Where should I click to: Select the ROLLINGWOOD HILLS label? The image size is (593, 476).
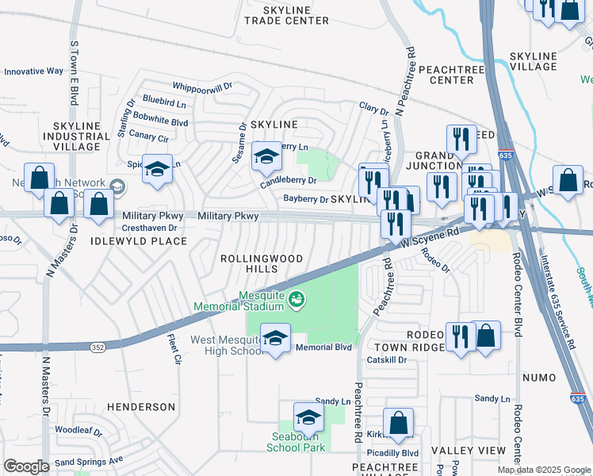pos(250,263)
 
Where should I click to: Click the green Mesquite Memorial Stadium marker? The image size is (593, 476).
pos(296,299)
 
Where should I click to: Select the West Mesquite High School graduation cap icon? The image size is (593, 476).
pos(275,339)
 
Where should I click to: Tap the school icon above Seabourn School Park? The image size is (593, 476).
pos(308,416)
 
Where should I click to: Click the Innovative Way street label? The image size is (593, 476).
pos(33,71)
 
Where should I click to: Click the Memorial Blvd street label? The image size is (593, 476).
pos(323,347)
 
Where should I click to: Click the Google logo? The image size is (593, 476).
pos(26,466)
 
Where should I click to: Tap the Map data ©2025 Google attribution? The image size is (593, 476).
pos(543,470)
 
